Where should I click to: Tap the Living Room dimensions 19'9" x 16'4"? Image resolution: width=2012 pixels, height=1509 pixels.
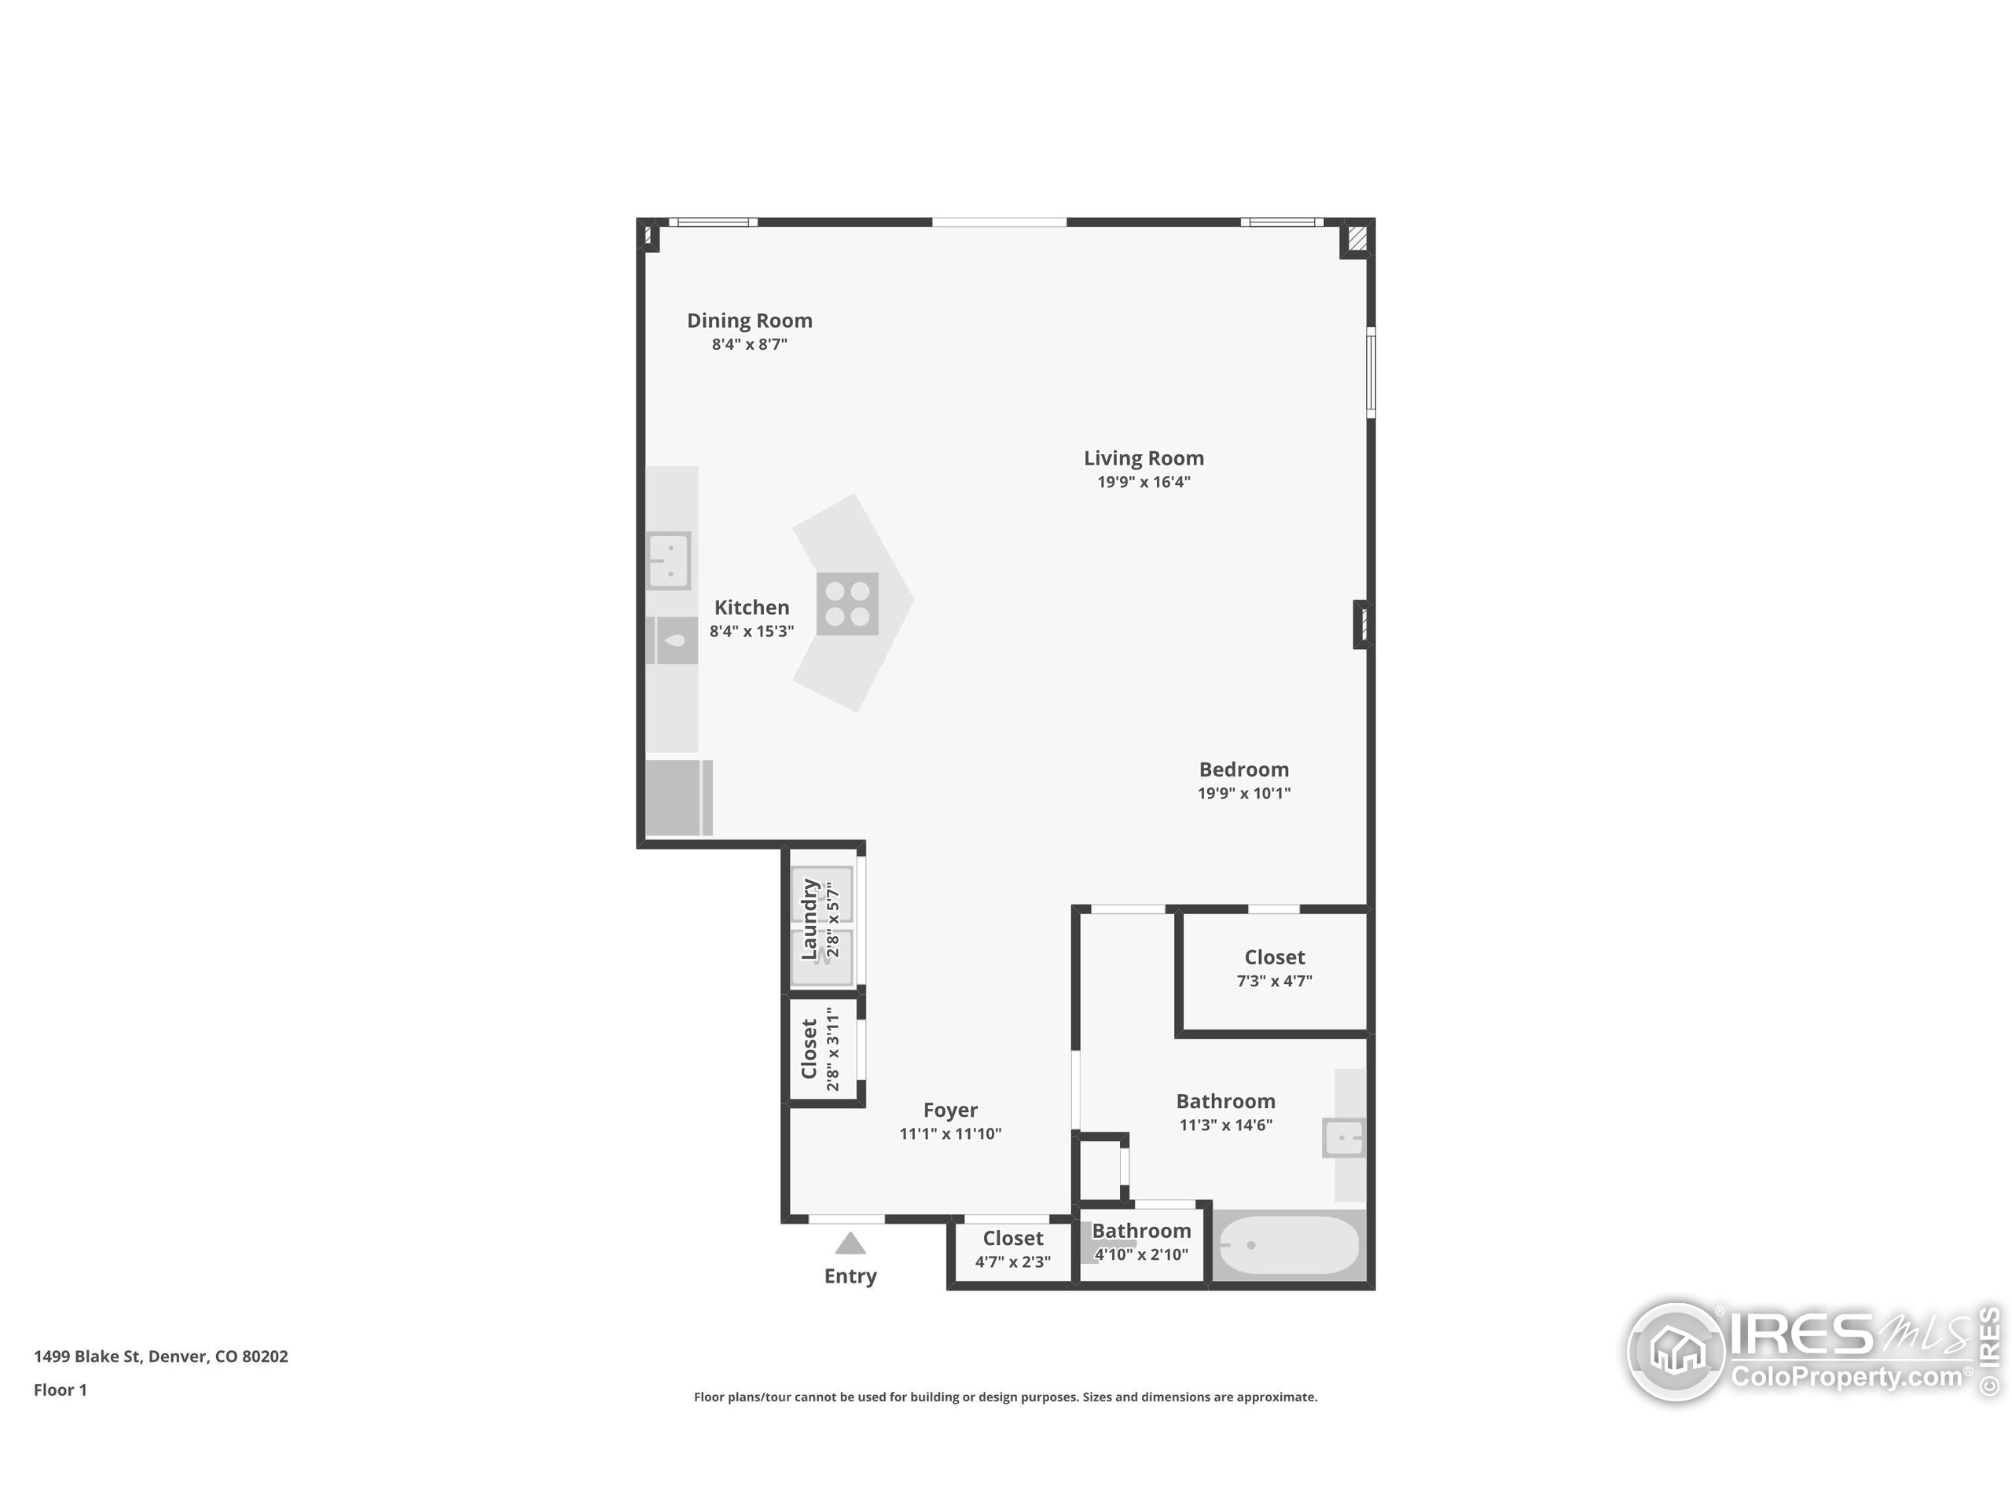tap(1144, 482)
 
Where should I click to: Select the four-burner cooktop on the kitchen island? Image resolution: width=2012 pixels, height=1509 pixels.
tap(846, 604)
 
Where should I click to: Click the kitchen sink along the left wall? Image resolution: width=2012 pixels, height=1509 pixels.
tap(669, 560)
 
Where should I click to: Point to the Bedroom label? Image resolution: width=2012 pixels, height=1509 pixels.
tap(1243, 769)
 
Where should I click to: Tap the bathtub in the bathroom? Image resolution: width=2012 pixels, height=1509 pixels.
tap(1288, 1245)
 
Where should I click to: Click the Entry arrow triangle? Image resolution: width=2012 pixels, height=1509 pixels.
tap(850, 1243)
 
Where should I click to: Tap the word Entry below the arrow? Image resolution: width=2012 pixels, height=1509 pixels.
tap(850, 1276)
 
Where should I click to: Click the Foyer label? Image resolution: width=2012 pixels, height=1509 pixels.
tap(949, 1110)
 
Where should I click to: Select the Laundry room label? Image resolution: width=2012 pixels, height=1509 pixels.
tap(809, 919)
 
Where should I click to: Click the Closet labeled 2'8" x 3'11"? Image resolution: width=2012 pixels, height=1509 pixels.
tap(809, 1048)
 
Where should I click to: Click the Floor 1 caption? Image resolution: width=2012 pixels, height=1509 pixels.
tap(60, 1390)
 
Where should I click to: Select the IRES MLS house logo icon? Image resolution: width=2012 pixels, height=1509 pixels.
tap(1676, 1352)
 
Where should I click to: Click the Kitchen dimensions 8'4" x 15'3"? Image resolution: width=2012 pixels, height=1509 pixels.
tap(751, 631)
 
